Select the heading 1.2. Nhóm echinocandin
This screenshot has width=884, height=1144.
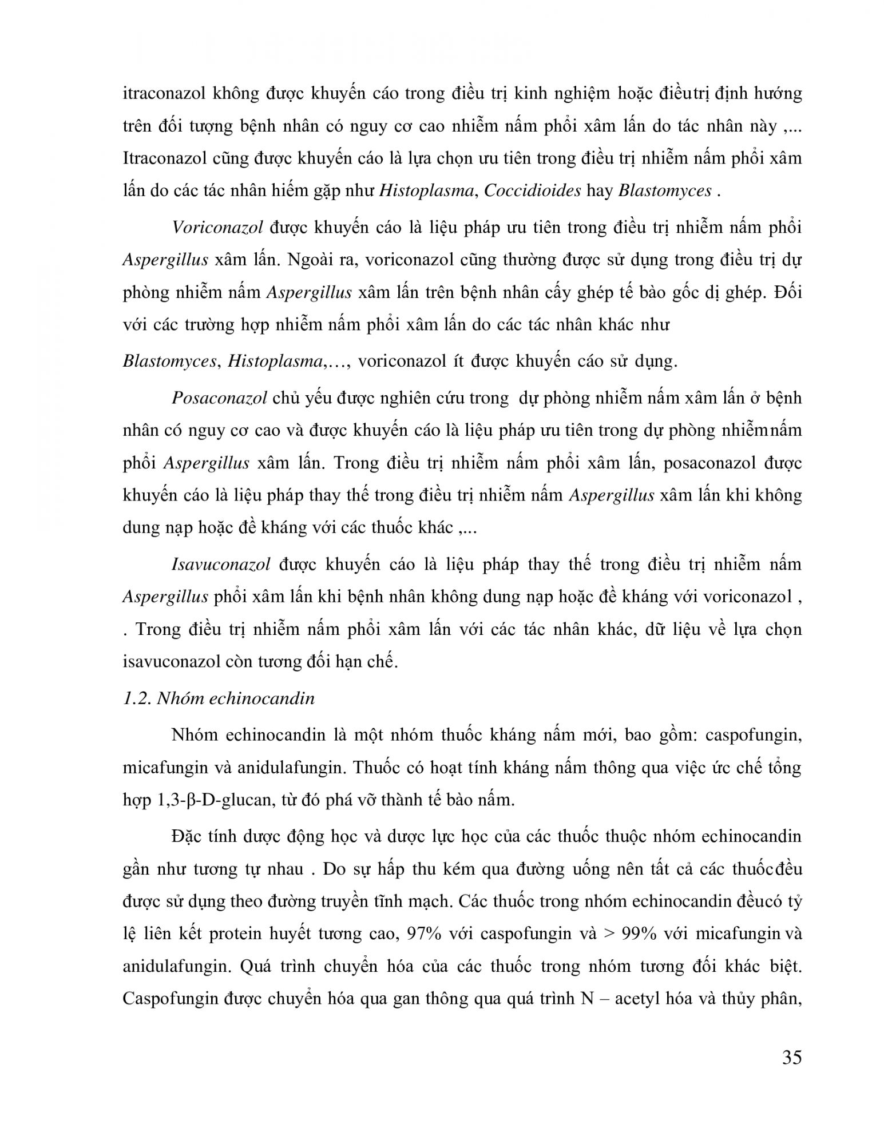point(219,699)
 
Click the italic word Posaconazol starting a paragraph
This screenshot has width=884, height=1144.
point(219,398)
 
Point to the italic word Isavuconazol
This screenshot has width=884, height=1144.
point(220,565)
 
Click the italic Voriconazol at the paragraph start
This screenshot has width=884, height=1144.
point(217,228)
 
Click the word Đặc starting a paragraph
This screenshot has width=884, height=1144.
point(185,837)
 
